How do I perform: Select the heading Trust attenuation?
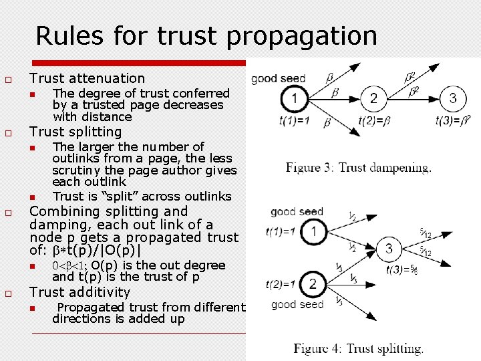click(87, 78)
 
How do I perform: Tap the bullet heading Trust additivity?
click(81, 292)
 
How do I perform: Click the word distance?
click(108, 116)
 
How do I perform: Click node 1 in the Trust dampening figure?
click(295, 99)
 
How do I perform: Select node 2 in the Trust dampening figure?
click(373, 99)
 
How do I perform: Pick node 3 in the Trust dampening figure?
click(453, 99)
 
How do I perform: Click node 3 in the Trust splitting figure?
click(389, 249)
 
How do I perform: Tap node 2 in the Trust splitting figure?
click(312, 284)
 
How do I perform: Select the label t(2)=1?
click(281, 283)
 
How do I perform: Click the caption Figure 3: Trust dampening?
click(359, 168)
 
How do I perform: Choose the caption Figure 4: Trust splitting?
click(358, 348)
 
